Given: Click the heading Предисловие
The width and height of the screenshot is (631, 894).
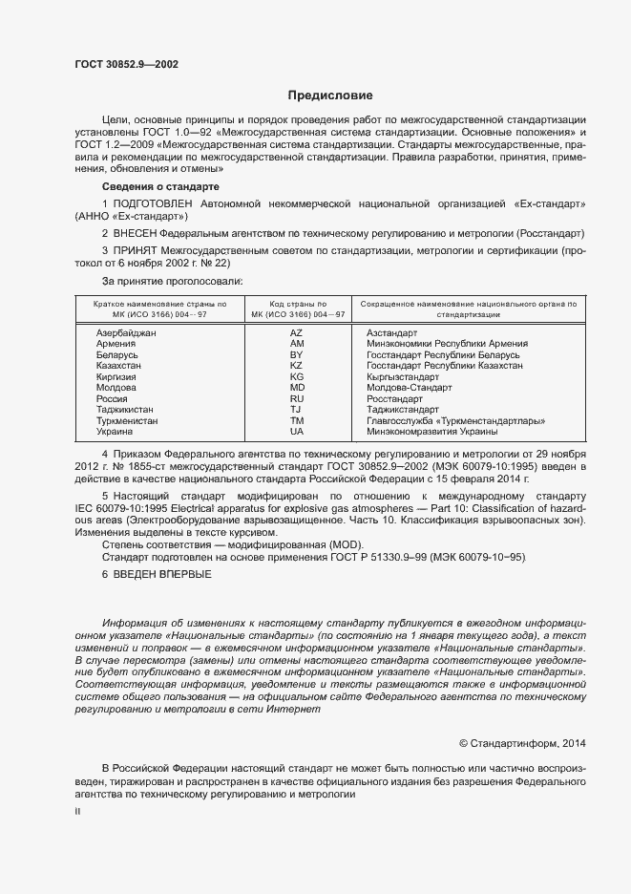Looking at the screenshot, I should [330, 96].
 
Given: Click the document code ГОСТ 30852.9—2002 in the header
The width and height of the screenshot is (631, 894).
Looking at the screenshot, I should [126, 65].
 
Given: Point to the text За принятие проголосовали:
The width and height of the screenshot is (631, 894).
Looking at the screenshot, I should [172, 281].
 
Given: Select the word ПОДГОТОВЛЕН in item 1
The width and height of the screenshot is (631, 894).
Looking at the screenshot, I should [154, 204].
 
